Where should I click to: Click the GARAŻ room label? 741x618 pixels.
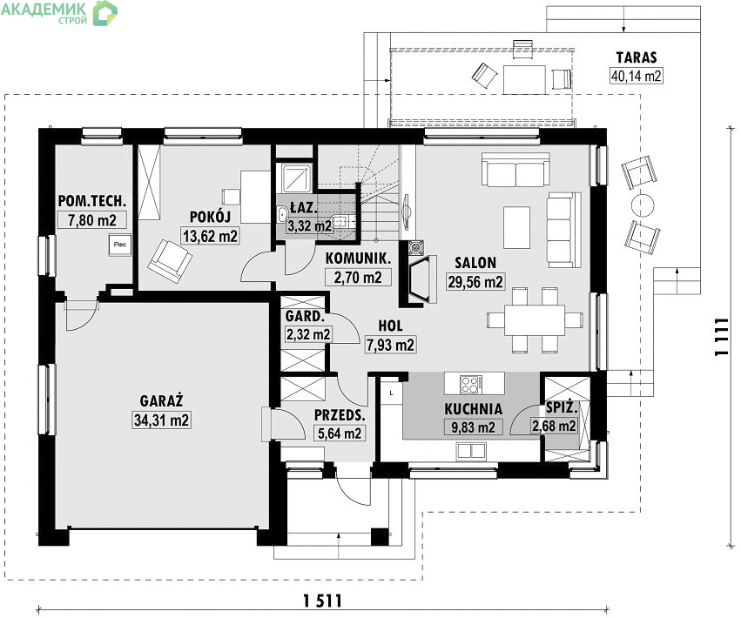(x=161, y=400)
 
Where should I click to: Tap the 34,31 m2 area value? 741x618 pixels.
(x=161, y=420)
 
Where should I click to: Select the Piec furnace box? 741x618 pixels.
(x=119, y=245)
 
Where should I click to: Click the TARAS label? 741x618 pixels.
(x=637, y=57)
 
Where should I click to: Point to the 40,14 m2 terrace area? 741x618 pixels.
(x=637, y=76)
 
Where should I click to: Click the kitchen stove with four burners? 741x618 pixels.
(x=471, y=384)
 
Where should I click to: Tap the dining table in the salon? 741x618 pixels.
(x=535, y=319)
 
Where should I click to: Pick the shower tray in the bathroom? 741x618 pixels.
(x=297, y=177)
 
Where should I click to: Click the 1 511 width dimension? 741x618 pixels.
(x=322, y=601)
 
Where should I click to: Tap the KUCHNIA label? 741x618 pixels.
(x=473, y=409)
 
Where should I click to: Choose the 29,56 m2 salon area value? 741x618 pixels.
(x=475, y=282)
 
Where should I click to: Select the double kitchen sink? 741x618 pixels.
(x=471, y=450)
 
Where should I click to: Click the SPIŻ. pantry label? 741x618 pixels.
(x=561, y=407)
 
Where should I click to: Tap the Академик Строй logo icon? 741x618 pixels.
(x=104, y=13)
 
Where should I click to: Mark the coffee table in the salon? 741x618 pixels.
(x=516, y=227)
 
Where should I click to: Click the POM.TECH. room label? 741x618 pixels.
(x=92, y=201)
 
